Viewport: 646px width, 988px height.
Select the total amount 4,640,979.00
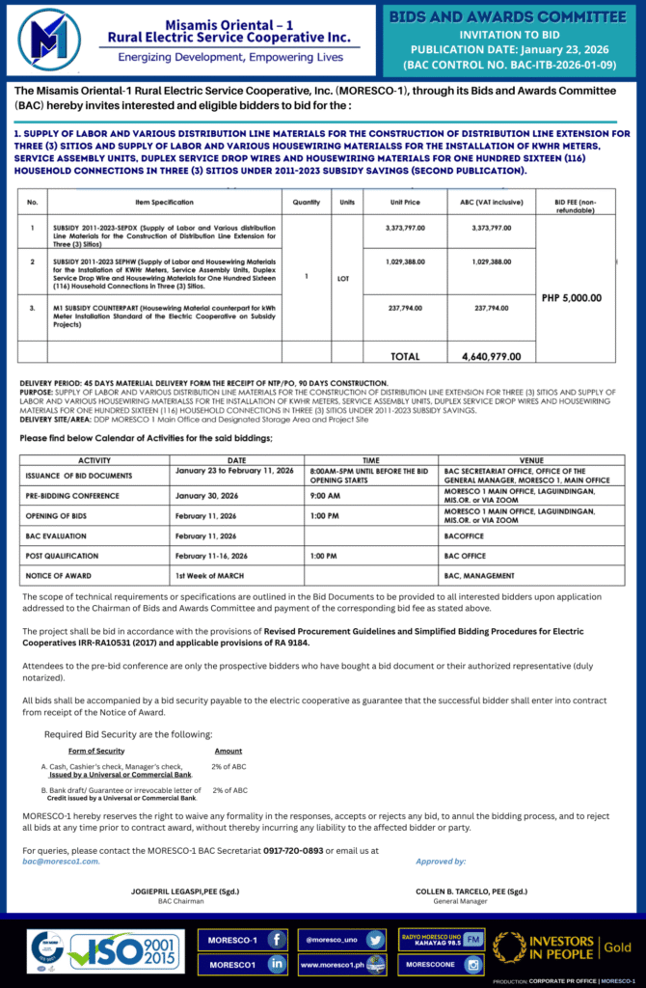point(492,356)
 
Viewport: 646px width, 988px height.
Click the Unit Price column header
point(405,203)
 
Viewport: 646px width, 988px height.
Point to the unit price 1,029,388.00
point(405,262)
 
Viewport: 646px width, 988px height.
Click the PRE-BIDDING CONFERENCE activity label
point(72,496)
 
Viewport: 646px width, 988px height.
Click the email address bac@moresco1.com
point(61,861)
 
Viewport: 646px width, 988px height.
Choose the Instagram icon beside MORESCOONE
point(472,963)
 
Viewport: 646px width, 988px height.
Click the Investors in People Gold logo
point(564,948)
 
